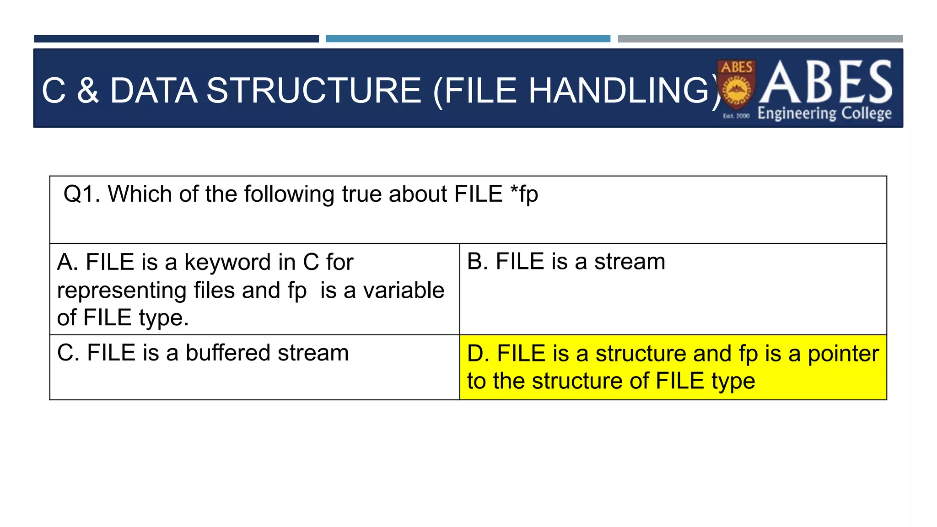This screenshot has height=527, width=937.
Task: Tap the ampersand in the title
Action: [x=88, y=91]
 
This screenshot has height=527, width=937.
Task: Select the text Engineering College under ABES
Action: [x=824, y=113]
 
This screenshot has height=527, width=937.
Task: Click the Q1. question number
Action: [x=81, y=194]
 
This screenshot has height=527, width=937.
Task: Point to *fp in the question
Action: [x=524, y=194]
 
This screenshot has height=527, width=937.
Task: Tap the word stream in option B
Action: [x=630, y=262]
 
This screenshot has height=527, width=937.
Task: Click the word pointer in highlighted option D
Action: [x=843, y=354]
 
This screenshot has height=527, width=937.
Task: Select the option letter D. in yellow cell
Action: [x=478, y=354]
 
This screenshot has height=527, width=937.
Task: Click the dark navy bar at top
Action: [x=176, y=39]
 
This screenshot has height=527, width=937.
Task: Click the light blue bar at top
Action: [x=468, y=39]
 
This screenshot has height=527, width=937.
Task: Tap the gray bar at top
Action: [x=760, y=39]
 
